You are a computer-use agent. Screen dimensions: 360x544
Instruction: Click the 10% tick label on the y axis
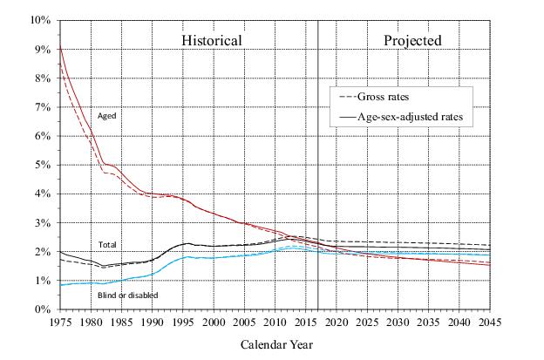(40, 20)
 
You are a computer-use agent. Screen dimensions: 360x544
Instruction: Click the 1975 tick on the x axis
(60, 323)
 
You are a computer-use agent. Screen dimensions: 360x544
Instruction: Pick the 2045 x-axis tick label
(489, 323)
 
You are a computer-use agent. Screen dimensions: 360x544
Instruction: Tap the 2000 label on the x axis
(214, 323)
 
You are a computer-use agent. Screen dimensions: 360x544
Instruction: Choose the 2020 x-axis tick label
(336, 323)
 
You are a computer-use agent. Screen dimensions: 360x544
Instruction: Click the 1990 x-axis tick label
(153, 323)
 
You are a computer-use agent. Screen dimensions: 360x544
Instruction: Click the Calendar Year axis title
(275, 345)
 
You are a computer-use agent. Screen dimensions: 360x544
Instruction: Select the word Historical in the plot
(211, 40)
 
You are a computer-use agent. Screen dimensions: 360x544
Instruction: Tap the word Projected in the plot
(412, 40)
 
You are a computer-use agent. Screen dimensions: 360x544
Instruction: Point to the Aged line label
(107, 115)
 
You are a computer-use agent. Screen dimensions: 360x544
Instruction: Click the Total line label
(107, 245)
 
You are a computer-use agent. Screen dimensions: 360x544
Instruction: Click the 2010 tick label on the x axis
(275, 323)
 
